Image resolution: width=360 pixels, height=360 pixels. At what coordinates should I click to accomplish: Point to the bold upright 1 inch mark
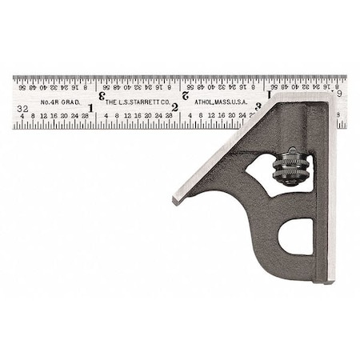point(90,107)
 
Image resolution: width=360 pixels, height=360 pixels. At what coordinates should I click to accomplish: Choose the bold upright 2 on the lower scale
point(174,107)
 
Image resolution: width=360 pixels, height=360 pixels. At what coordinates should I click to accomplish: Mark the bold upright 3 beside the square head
point(258,106)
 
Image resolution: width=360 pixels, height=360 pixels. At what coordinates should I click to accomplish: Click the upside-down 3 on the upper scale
point(102,95)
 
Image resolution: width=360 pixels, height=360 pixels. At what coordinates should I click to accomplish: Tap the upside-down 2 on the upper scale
point(186,95)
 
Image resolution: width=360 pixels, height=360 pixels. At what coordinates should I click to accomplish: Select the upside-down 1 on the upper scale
point(269,95)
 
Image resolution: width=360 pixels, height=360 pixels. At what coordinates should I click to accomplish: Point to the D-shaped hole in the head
point(297,238)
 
